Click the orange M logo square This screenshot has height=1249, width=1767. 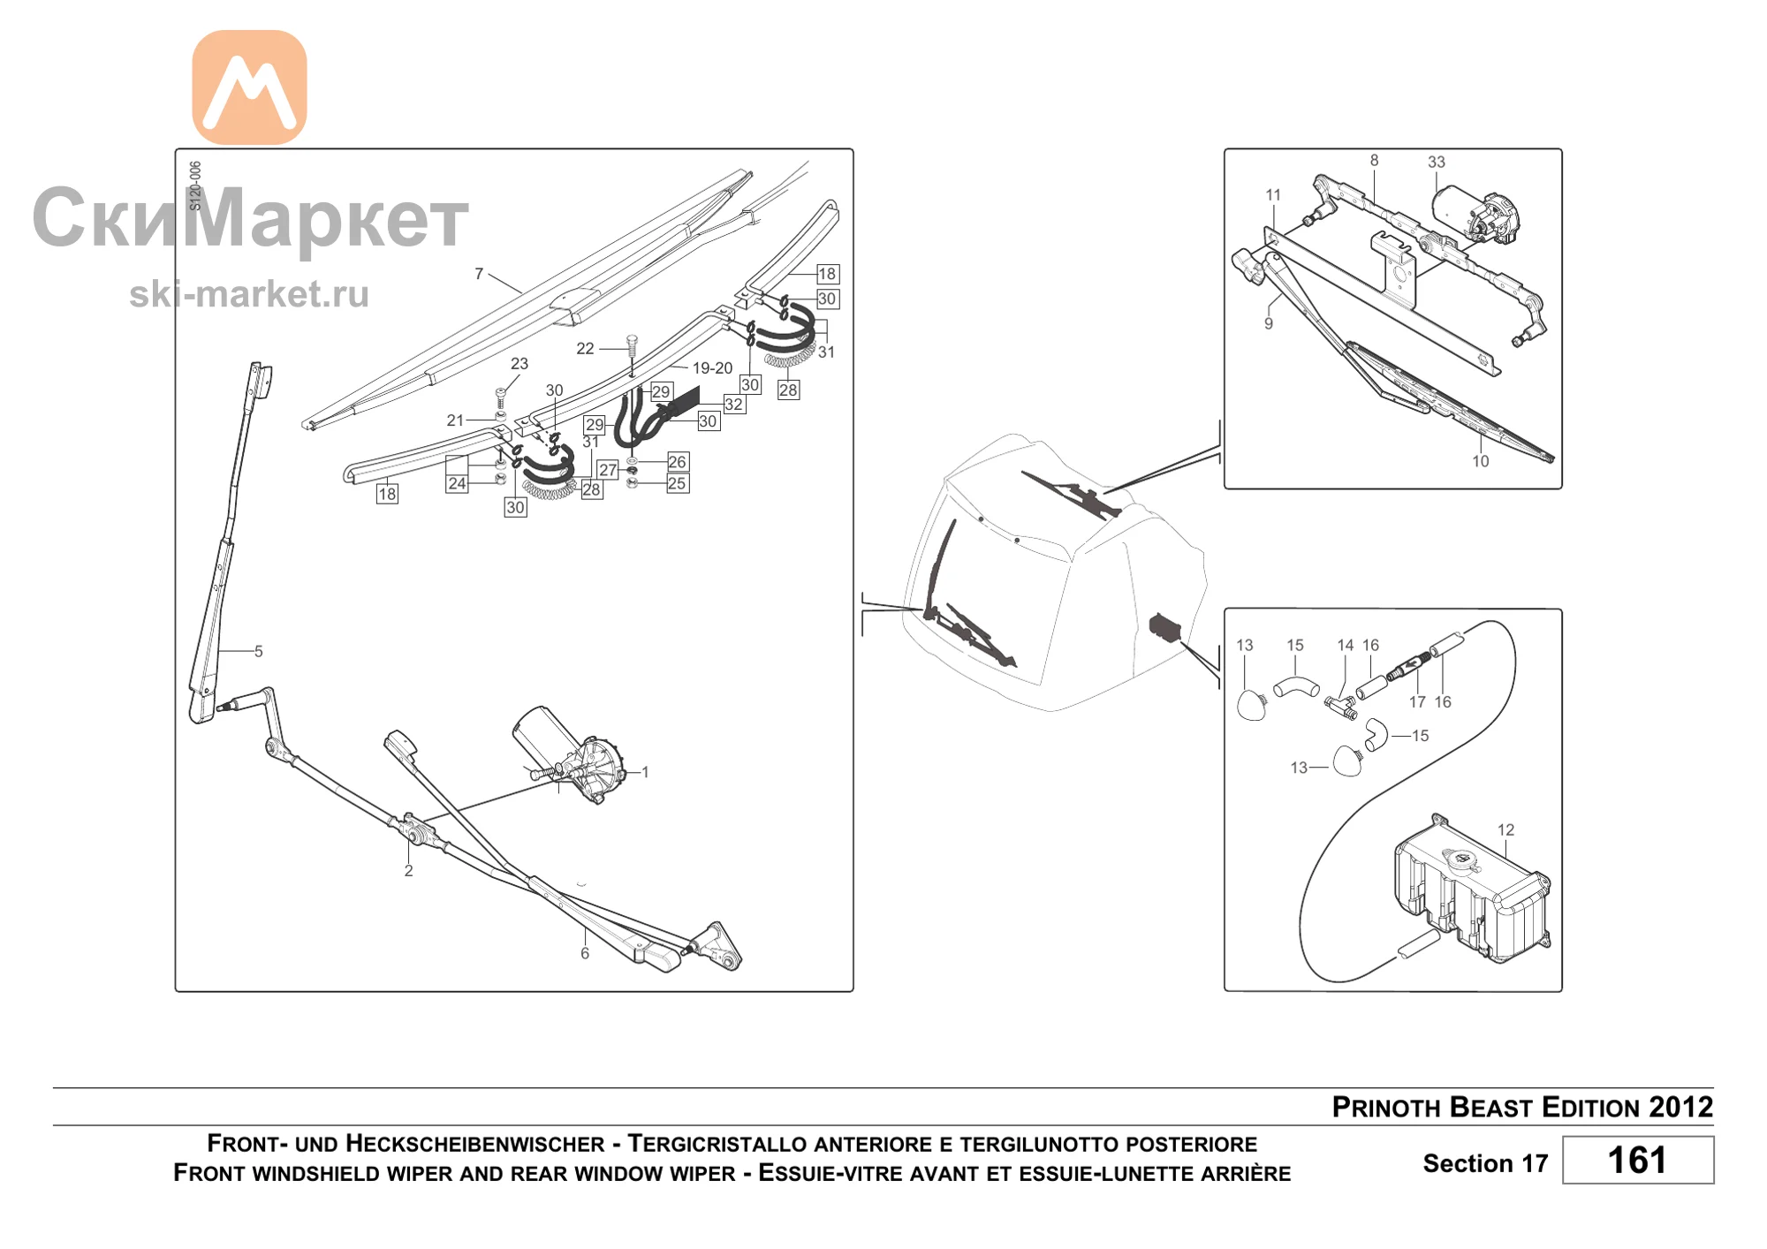click(x=249, y=87)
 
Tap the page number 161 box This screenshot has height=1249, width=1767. click(x=1637, y=1160)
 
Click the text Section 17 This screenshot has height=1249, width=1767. click(x=1485, y=1163)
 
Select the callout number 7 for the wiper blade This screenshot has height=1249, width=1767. click(x=479, y=274)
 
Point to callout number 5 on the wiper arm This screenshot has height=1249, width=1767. click(x=258, y=651)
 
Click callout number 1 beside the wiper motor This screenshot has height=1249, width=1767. click(x=645, y=772)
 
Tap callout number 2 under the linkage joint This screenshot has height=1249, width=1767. click(x=408, y=870)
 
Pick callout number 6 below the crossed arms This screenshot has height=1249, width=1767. click(x=584, y=953)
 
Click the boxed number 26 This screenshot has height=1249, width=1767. click(x=677, y=461)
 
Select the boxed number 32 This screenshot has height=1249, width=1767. click(x=733, y=404)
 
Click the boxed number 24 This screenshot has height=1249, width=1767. click(x=457, y=483)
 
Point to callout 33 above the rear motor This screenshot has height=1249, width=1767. click(x=1437, y=162)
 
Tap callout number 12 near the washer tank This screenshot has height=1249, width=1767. click(x=1505, y=829)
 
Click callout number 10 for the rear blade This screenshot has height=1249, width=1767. click(x=1480, y=460)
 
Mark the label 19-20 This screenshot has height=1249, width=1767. click(x=712, y=367)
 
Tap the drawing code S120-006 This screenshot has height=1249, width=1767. click(x=195, y=185)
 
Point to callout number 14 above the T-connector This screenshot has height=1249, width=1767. click(x=1345, y=645)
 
